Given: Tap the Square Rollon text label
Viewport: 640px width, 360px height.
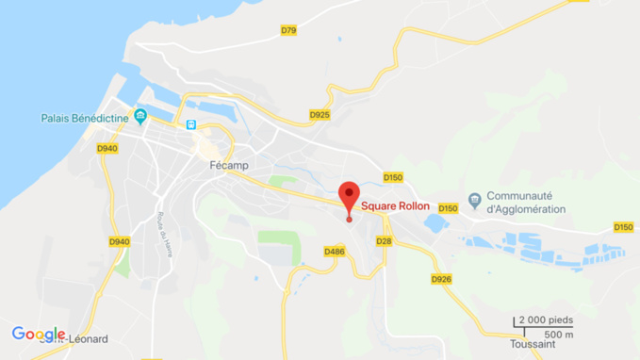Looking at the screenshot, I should pyautogui.click(x=395, y=206).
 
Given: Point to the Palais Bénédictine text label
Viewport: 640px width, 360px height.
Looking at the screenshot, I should pyautogui.click(x=85, y=118).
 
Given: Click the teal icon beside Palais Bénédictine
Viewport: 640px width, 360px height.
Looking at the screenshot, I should pyautogui.click(x=140, y=117).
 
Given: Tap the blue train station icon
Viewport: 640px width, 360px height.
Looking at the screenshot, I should pyautogui.click(x=191, y=124).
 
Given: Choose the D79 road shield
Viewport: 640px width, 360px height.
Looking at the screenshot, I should pyautogui.click(x=288, y=31).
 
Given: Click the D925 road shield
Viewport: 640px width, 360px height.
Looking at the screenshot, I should pyautogui.click(x=320, y=115).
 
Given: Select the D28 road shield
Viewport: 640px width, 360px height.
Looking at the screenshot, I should pyautogui.click(x=384, y=241).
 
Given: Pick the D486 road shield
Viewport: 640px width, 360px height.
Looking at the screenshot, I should pyautogui.click(x=334, y=252).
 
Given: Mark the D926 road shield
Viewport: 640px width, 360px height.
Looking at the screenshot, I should pyautogui.click(x=441, y=279).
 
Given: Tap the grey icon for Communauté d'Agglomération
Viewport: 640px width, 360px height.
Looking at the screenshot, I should pyautogui.click(x=474, y=200).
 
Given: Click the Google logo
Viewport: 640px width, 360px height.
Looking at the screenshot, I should pyautogui.click(x=39, y=334).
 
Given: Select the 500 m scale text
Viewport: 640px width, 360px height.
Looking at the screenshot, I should pyautogui.click(x=559, y=335).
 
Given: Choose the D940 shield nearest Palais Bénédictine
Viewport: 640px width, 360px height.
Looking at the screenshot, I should pyautogui.click(x=107, y=148).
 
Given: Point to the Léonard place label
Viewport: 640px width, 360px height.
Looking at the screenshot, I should pyautogui.click(x=86, y=339).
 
